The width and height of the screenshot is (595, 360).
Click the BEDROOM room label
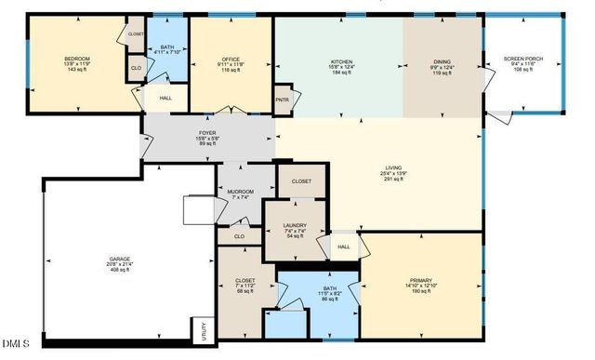76,59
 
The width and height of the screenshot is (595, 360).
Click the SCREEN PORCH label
522,60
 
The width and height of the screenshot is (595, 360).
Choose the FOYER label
207,133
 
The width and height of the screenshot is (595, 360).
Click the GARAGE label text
121,260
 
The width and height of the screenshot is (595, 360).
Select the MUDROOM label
241,192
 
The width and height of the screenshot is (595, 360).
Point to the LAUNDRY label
294,225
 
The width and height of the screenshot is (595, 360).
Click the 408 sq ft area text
121,271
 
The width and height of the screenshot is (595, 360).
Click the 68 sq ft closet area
246,291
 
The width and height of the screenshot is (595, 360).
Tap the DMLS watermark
15,346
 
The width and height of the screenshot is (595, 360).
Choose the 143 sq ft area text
76,70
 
